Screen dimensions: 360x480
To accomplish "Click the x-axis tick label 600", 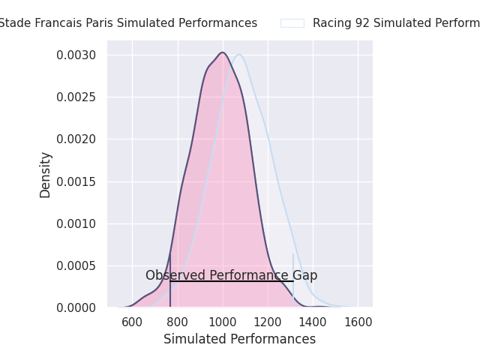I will [132, 322].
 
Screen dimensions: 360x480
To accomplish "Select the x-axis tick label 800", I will [178, 322].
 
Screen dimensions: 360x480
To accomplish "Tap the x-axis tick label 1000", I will [223, 322].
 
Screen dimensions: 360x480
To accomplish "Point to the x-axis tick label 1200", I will [268, 322].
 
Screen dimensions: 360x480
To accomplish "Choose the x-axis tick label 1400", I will [313, 322].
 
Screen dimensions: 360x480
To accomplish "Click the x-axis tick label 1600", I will [358, 322].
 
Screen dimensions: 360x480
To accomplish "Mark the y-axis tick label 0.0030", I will [76, 55].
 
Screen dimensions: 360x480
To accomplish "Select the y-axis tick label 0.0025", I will [76, 97].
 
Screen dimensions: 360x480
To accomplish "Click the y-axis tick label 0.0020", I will [76, 139].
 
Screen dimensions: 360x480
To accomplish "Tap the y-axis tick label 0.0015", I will [76, 181].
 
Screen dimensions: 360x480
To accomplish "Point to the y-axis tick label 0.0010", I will [76, 223].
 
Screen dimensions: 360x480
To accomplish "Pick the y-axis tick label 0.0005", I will [76, 265].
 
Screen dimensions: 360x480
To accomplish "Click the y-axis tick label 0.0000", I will [76, 307].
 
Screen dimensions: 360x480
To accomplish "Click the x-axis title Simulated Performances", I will [239, 340].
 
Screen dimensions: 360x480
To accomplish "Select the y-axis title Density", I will [46, 175].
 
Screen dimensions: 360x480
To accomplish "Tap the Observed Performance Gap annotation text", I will [231, 275].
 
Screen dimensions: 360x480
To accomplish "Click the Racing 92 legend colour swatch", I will [292, 23].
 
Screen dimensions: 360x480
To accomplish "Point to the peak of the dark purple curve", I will [223, 52].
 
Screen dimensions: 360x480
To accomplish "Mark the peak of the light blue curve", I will [238, 55].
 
